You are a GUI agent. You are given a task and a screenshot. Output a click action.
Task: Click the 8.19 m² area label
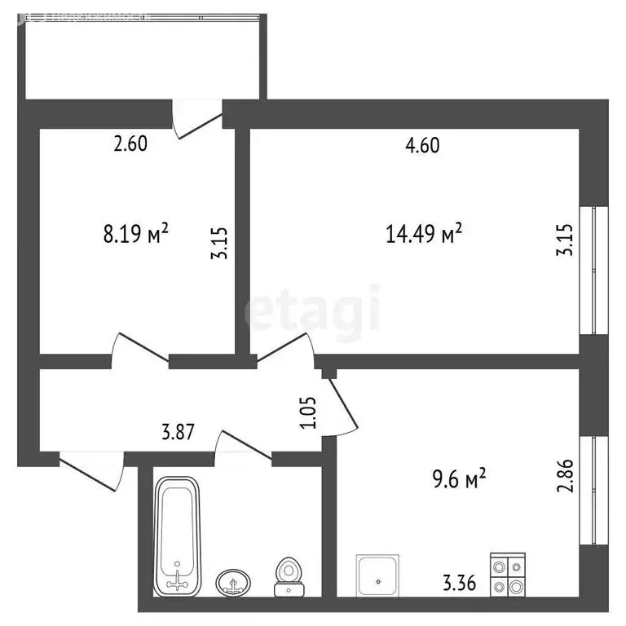point(136,235)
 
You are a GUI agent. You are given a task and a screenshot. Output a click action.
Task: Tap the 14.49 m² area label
point(424,235)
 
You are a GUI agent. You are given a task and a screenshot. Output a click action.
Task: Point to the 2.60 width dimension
point(130,146)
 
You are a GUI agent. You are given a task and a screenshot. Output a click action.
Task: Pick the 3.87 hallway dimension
point(177,433)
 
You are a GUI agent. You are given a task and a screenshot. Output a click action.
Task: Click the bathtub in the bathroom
point(178,534)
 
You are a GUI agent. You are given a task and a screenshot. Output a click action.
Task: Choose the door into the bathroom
point(245,447)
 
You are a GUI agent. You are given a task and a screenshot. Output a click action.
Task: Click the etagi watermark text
point(314,312)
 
